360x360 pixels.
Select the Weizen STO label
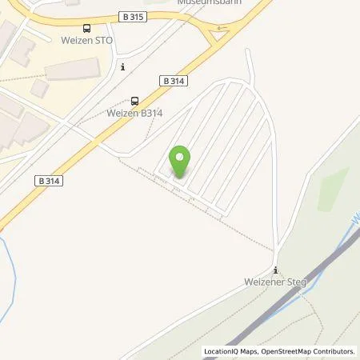(86, 41)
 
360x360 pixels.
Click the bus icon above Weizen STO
(86, 28)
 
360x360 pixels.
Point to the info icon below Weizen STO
(122, 67)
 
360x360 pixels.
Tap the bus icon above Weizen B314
(134, 101)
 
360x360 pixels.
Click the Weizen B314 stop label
(135, 114)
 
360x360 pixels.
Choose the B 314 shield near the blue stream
(50, 182)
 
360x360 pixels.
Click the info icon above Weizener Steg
(275, 270)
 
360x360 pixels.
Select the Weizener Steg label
(275, 282)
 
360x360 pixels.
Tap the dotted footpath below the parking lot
(240, 228)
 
